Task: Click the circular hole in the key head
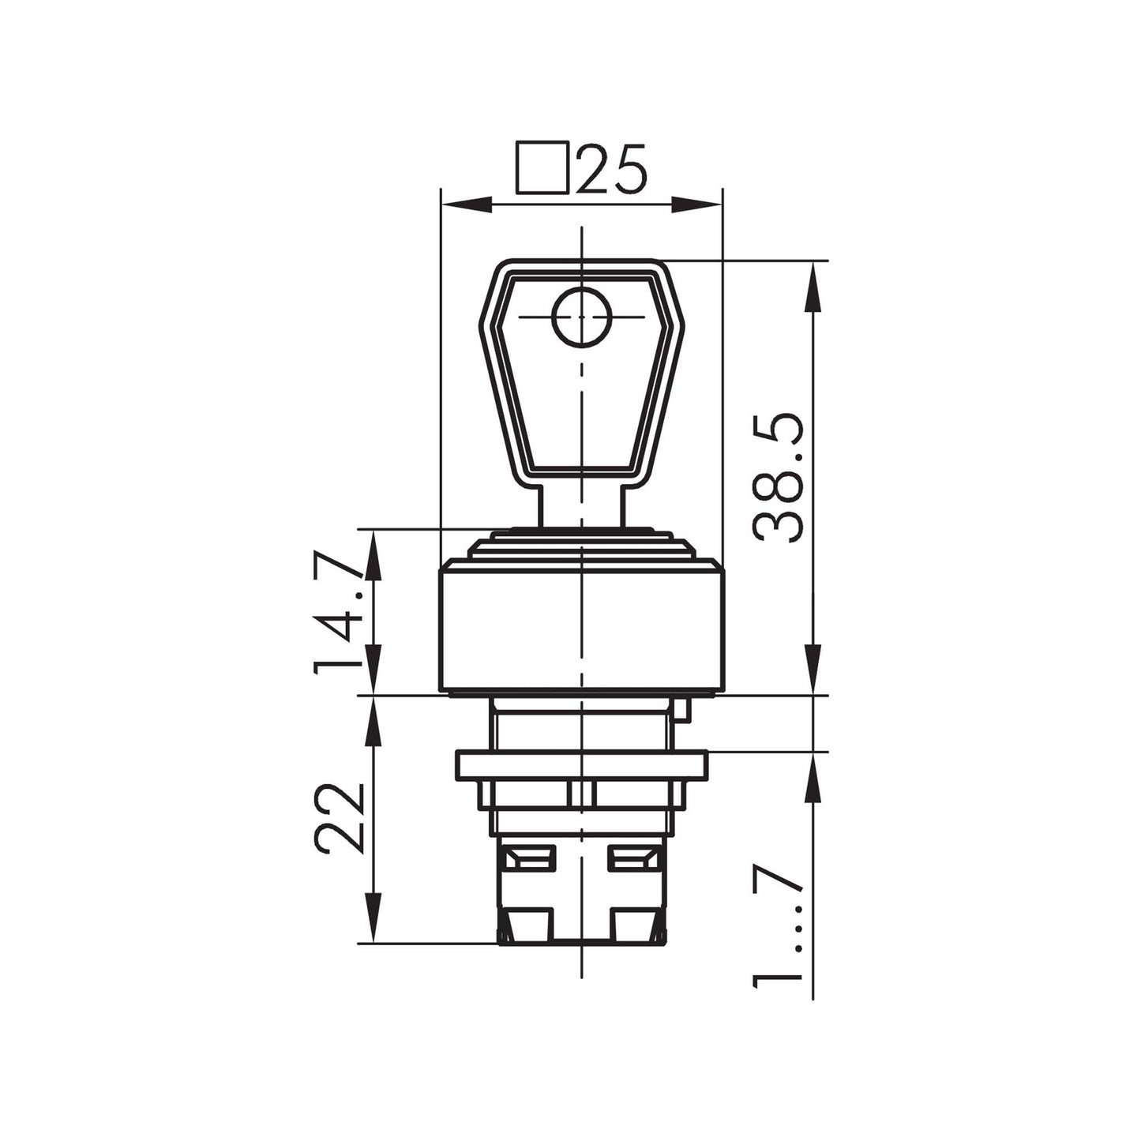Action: [581, 317]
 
